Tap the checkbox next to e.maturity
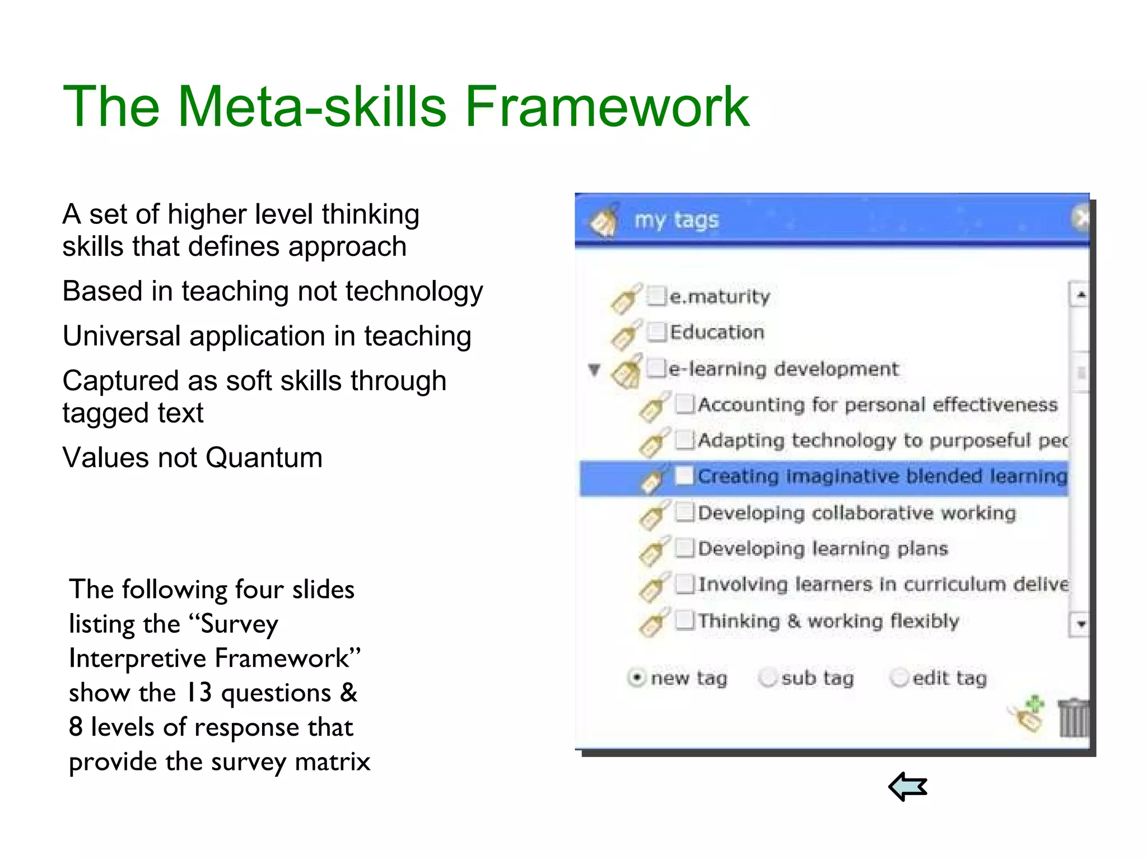click(x=656, y=295)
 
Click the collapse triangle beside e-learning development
click(x=594, y=370)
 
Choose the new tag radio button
click(x=637, y=677)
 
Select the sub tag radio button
click(x=768, y=677)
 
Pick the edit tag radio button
click(x=899, y=677)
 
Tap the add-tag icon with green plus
click(x=1028, y=714)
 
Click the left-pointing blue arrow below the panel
click(x=908, y=787)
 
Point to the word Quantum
click(x=264, y=458)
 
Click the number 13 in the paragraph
click(x=199, y=693)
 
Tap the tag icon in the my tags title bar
click(x=604, y=221)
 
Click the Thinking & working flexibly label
click(x=828, y=621)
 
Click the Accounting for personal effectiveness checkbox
click(x=684, y=404)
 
